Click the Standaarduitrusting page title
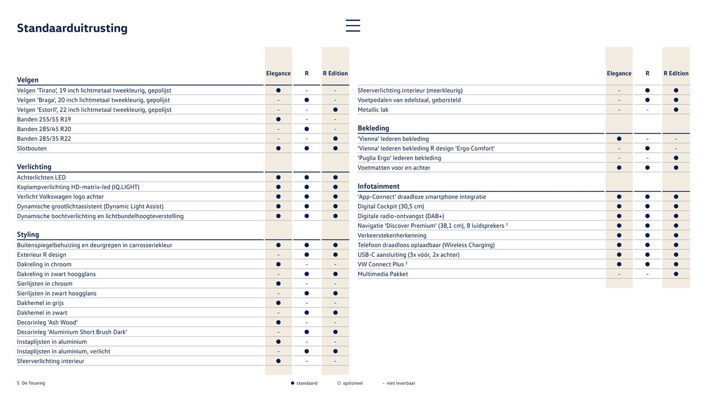(x=72, y=28)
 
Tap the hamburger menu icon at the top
(x=353, y=25)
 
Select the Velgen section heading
(x=28, y=80)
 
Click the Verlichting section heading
(x=34, y=167)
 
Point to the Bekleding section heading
(x=373, y=128)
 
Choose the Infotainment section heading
(x=378, y=186)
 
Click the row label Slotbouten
(x=32, y=148)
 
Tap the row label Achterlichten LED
(x=41, y=178)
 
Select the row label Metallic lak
(x=373, y=110)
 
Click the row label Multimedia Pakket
(x=383, y=274)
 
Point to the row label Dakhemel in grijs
(x=40, y=303)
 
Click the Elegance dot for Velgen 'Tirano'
(x=279, y=91)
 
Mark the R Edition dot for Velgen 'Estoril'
(x=335, y=110)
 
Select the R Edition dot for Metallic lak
(x=676, y=110)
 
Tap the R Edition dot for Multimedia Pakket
(x=676, y=274)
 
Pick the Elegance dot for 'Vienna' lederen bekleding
(x=619, y=139)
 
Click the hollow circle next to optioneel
(x=339, y=384)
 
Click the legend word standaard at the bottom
(x=307, y=384)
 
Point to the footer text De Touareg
(x=33, y=384)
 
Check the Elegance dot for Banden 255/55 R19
(x=279, y=119)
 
